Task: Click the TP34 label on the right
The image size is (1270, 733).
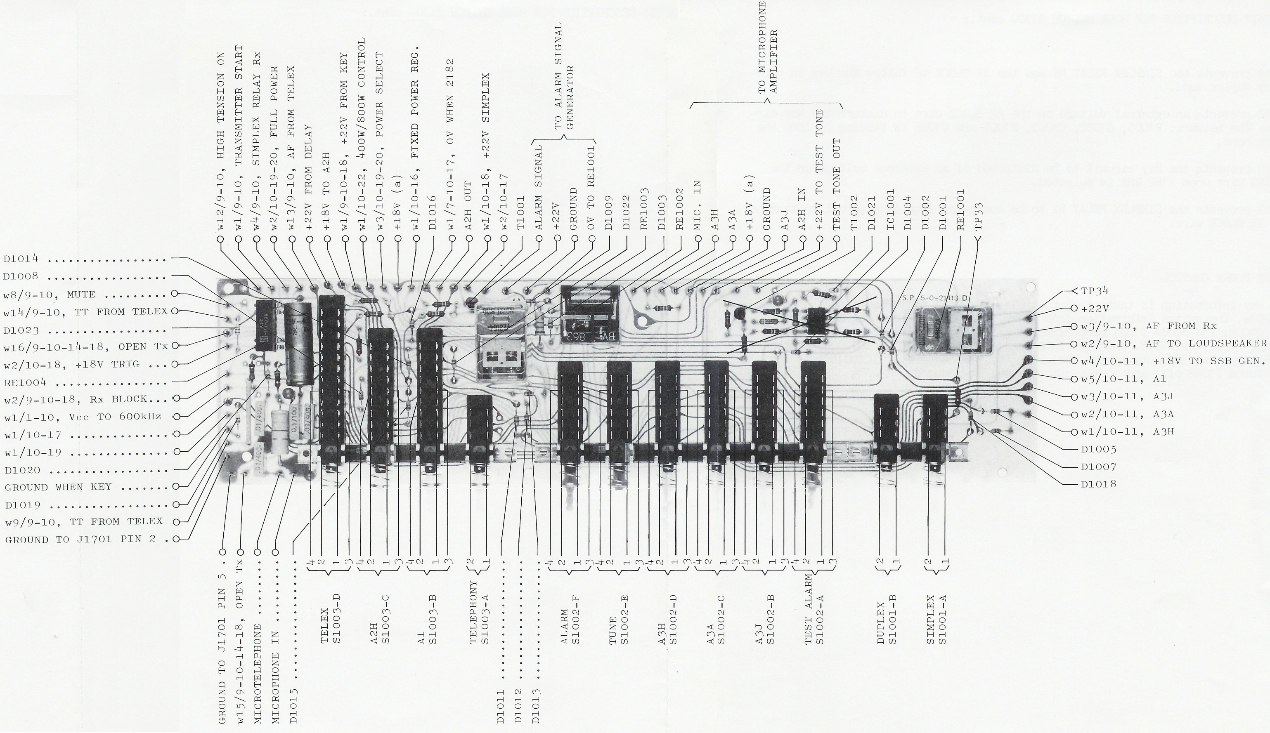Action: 1094,291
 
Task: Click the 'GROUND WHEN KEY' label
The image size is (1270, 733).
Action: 58,487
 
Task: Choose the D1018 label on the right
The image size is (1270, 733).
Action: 1098,484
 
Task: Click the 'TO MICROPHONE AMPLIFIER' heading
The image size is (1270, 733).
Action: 768,48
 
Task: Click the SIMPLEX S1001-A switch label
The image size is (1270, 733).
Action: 936,619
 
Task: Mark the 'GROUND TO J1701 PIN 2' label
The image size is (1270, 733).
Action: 87,540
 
